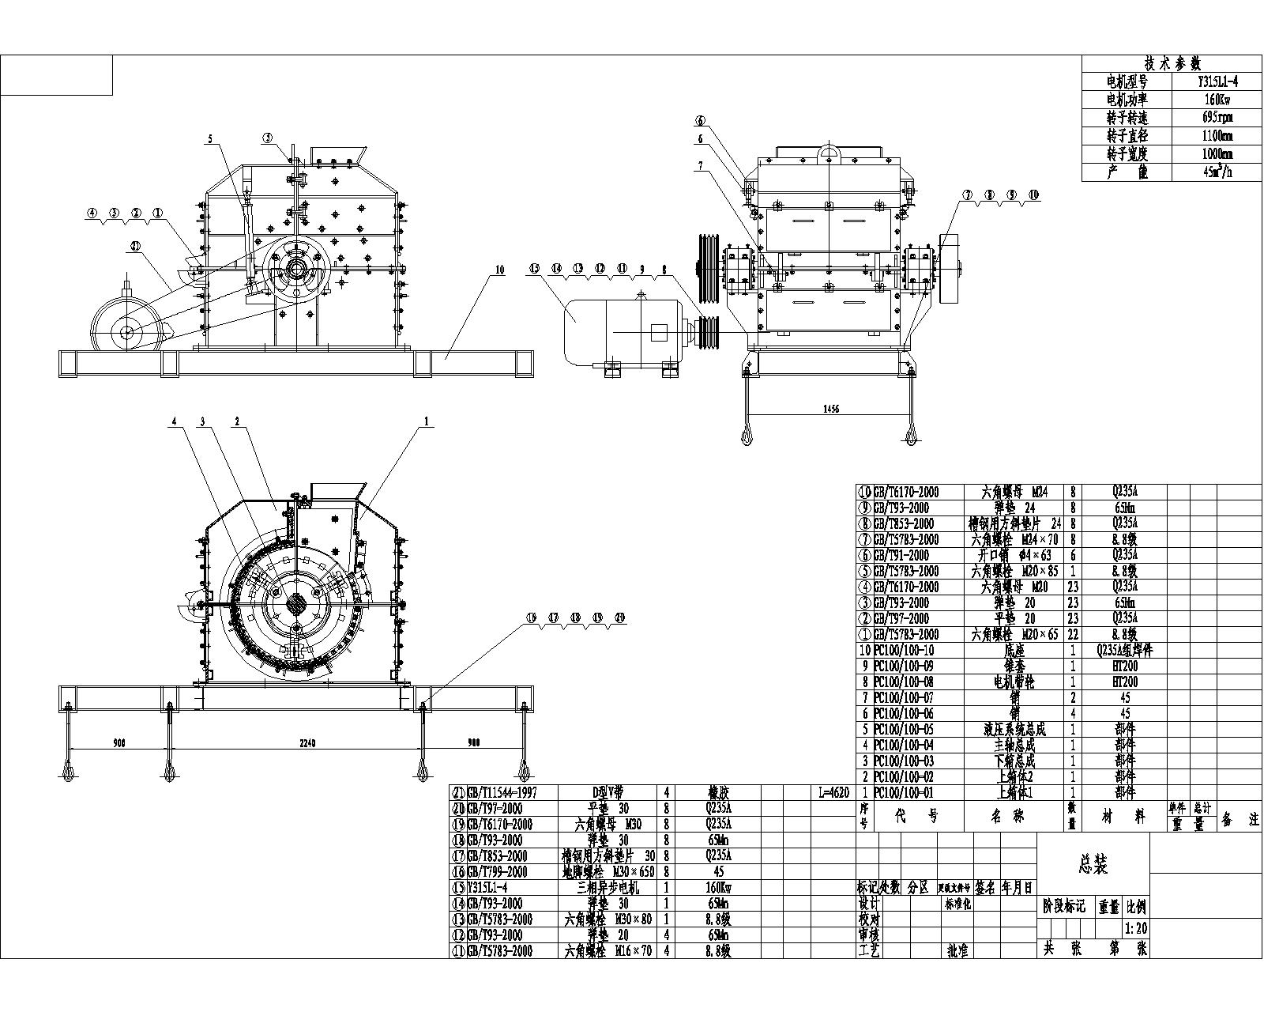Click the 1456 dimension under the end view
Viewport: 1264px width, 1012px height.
point(830,409)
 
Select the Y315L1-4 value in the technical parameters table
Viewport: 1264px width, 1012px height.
point(1217,81)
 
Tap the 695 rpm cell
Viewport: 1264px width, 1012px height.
point(1217,117)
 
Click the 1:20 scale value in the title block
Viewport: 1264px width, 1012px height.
point(1135,929)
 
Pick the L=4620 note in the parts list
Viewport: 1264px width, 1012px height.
point(832,792)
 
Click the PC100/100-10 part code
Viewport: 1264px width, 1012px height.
point(905,650)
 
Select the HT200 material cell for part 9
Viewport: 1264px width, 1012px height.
point(1124,666)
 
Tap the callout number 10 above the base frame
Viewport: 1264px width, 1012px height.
point(499,270)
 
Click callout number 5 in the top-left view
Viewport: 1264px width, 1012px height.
point(210,139)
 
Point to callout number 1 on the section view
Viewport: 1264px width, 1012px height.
point(427,421)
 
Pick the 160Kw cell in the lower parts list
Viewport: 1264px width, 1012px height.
point(719,887)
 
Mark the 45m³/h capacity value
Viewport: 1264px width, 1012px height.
point(1217,172)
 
